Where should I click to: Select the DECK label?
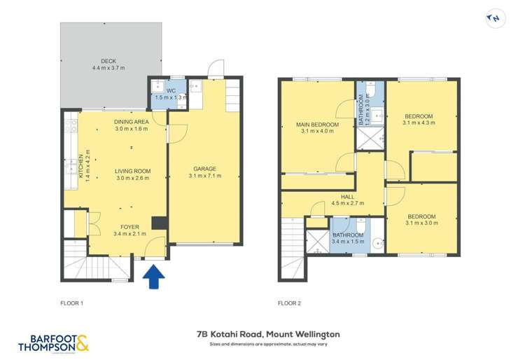[108, 61]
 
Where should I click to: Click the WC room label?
[170, 90]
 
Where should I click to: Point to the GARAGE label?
[204, 168]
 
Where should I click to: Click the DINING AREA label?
[132, 121]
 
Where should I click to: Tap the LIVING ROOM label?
[133, 171]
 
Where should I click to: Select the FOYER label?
[129, 226]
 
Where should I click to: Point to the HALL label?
[348, 198]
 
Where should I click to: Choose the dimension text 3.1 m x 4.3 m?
[419, 123]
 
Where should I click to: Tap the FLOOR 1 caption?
[72, 303]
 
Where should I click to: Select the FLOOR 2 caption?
[289, 303]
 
